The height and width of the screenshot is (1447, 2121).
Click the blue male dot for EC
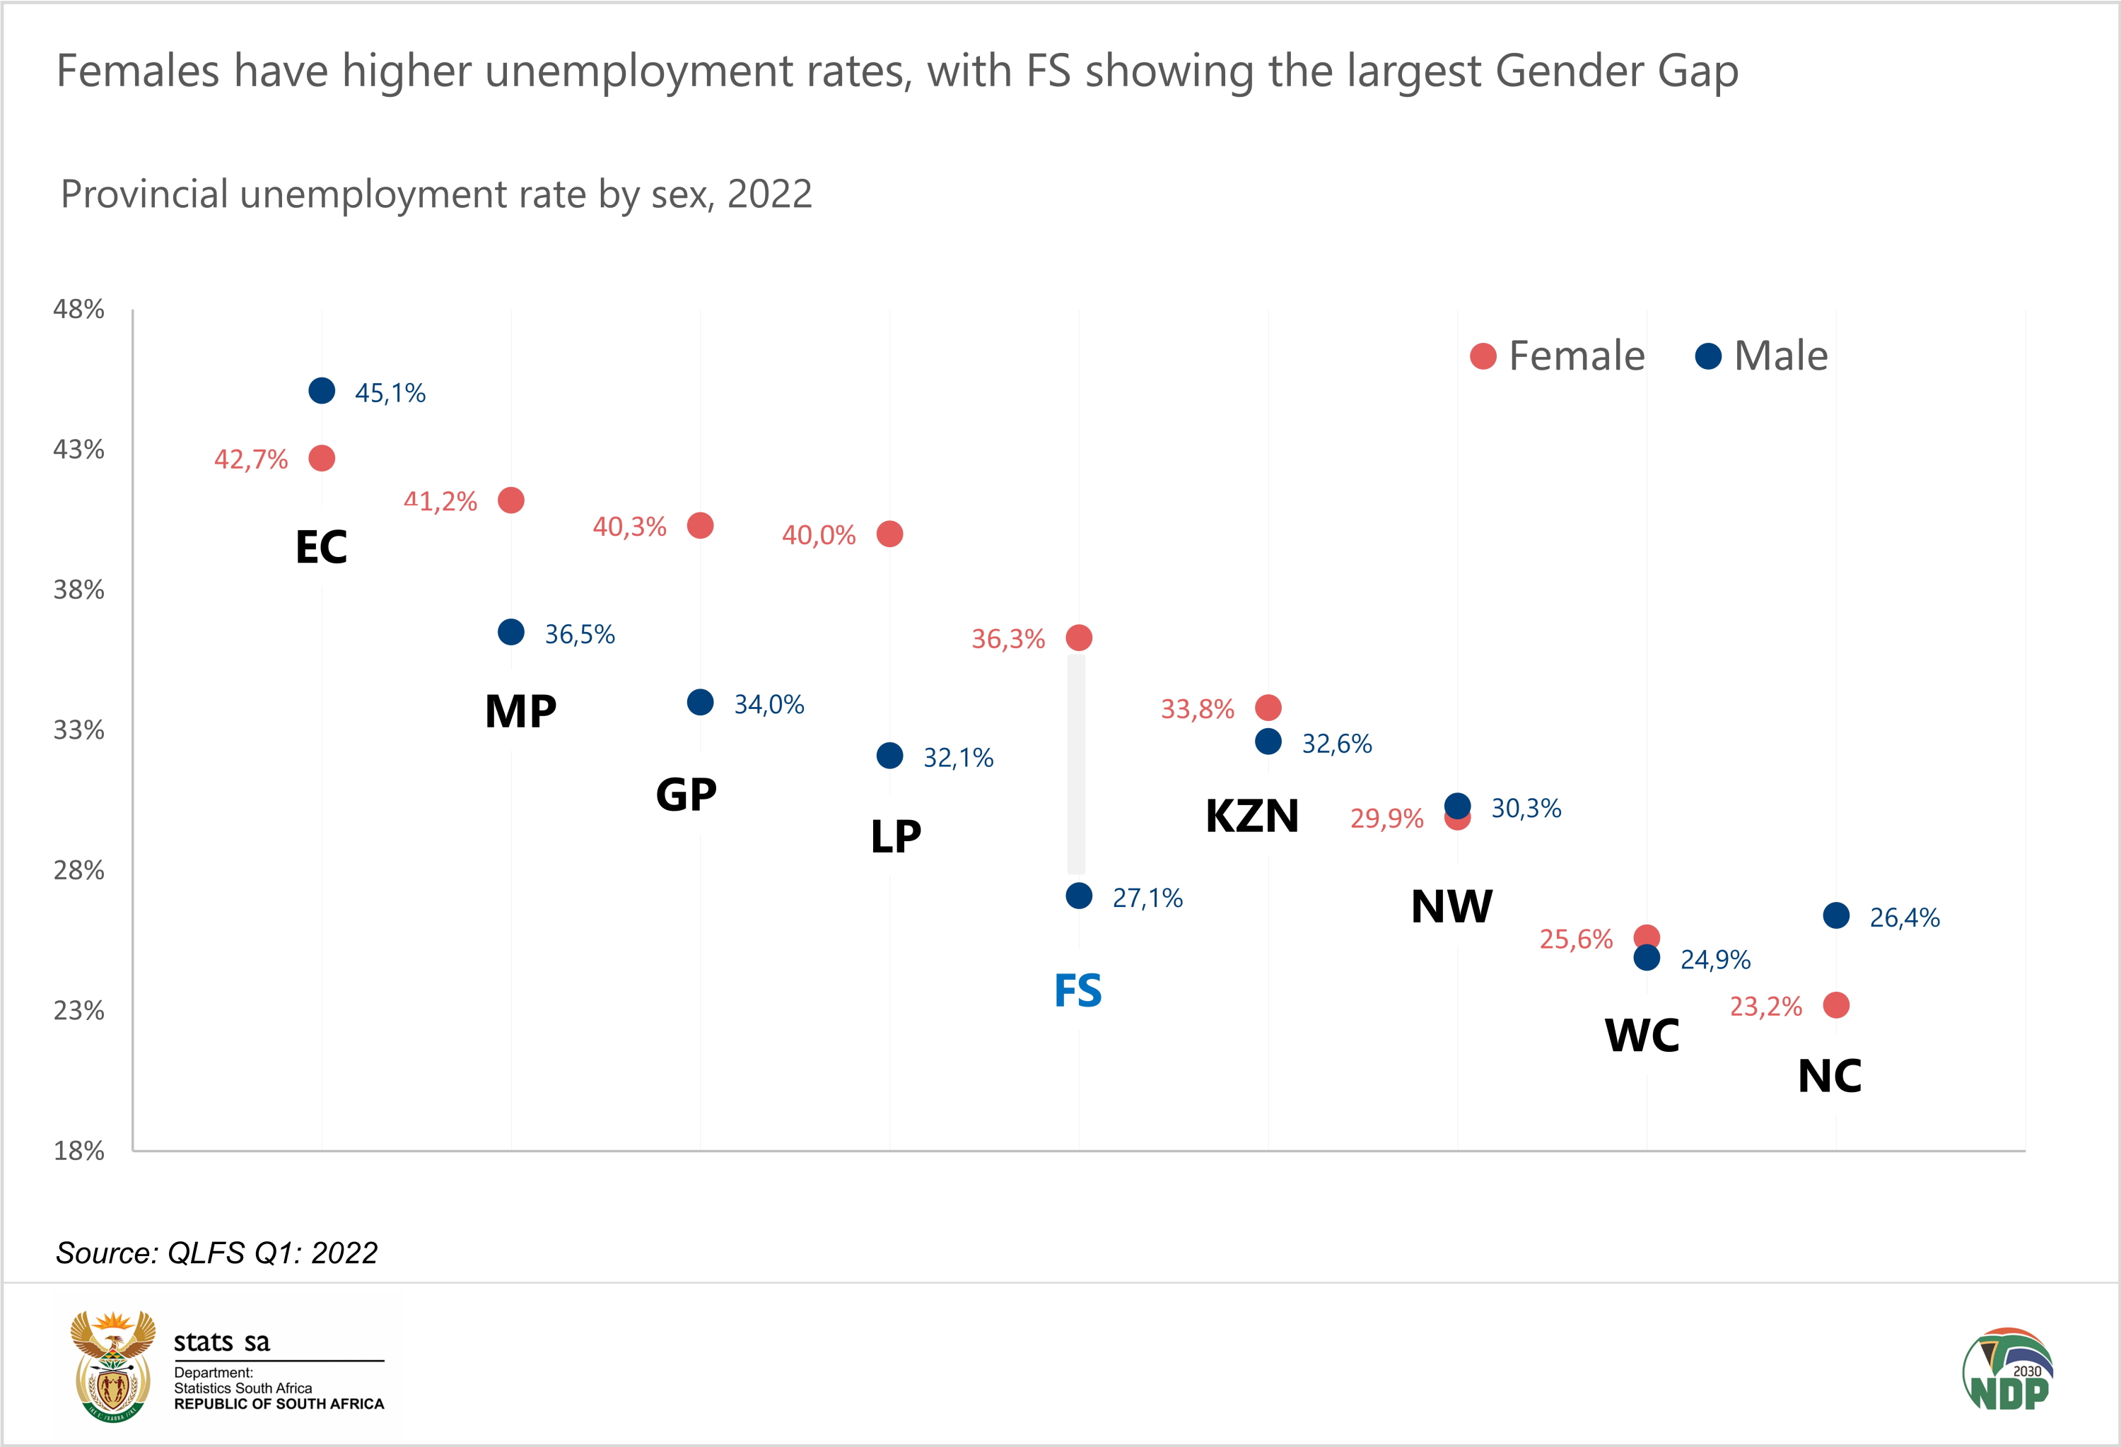tap(321, 390)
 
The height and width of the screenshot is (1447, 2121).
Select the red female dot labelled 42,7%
tap(321, 457)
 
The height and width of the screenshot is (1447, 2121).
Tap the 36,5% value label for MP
tap(580, 634)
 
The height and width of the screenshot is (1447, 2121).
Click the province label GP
tap(686, 794)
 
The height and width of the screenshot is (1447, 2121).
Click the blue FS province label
tap(1078, 991)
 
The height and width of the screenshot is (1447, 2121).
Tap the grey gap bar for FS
tap(1077, 765)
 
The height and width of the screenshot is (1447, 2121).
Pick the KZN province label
tap(1252, 816)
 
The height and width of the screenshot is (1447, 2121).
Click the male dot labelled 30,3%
tap(1458, 806)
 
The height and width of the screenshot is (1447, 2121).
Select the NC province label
tap(1829, 1076)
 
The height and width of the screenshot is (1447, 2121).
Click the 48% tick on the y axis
tap(78, 310)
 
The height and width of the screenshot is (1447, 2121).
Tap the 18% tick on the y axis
tap(78, 1151)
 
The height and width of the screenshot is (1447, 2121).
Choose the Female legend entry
tap(1558, 356)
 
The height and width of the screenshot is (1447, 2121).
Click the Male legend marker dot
tap(1707, 356)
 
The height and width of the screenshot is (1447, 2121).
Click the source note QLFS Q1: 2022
tap(217, 1253)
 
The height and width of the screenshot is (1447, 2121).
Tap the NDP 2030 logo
tap(2008, 1369)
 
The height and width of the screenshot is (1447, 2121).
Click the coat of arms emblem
tap(113, 1366)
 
